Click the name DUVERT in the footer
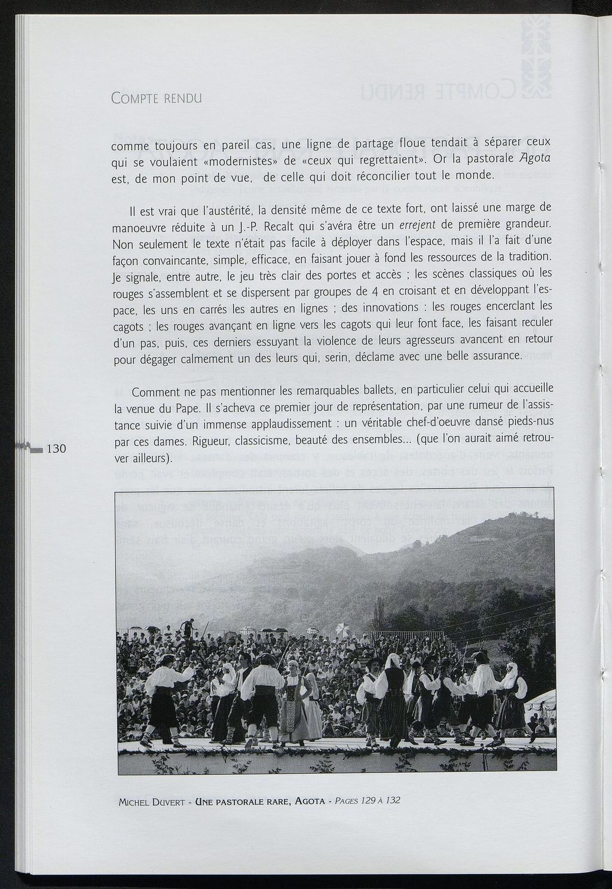pos(170,802)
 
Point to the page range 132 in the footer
pos(392,800)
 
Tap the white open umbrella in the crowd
pos(342,628)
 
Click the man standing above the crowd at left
pos(188,628)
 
